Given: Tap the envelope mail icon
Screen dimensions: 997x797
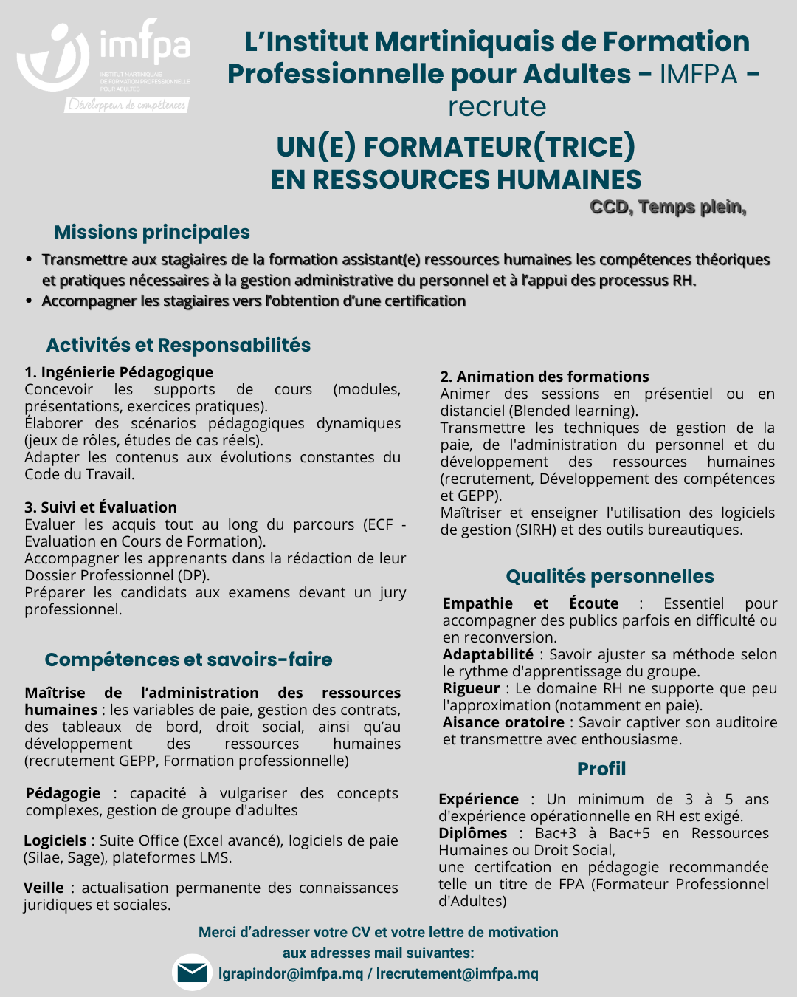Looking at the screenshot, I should tap(192, 973).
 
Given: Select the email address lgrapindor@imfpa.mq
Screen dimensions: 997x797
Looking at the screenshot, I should tap(291, 973).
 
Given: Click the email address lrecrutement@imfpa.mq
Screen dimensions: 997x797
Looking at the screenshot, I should tap(458, 973).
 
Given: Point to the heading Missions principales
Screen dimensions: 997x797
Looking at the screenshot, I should tap(152, 232).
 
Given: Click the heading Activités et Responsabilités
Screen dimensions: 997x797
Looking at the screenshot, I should tap(179, 345).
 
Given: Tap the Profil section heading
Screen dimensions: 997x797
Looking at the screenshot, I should tap(601, 769).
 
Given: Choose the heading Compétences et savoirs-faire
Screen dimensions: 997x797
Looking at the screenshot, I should tap(188, 659).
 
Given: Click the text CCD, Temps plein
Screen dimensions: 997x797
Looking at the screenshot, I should tap(668, 207).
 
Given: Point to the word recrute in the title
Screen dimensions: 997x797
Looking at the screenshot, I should tap(497, 106).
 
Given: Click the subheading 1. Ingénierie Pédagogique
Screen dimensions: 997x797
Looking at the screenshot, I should tap(119, 372).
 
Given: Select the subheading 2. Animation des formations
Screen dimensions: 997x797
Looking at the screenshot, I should tap(545, 377).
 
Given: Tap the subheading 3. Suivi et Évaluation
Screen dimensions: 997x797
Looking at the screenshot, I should tap(100, 507).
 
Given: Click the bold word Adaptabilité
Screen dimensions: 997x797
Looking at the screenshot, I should tap(488, 654).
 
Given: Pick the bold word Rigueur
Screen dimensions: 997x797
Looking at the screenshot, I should tap(471, 688).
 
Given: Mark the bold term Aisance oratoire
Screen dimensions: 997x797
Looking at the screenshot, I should tap(503, 722).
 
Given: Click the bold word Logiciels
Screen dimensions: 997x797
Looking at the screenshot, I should tap(55, 840).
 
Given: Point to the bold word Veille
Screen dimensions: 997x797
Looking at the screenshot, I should tap(44, 888).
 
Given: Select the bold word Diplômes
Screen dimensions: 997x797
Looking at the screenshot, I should tap(472, 833).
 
